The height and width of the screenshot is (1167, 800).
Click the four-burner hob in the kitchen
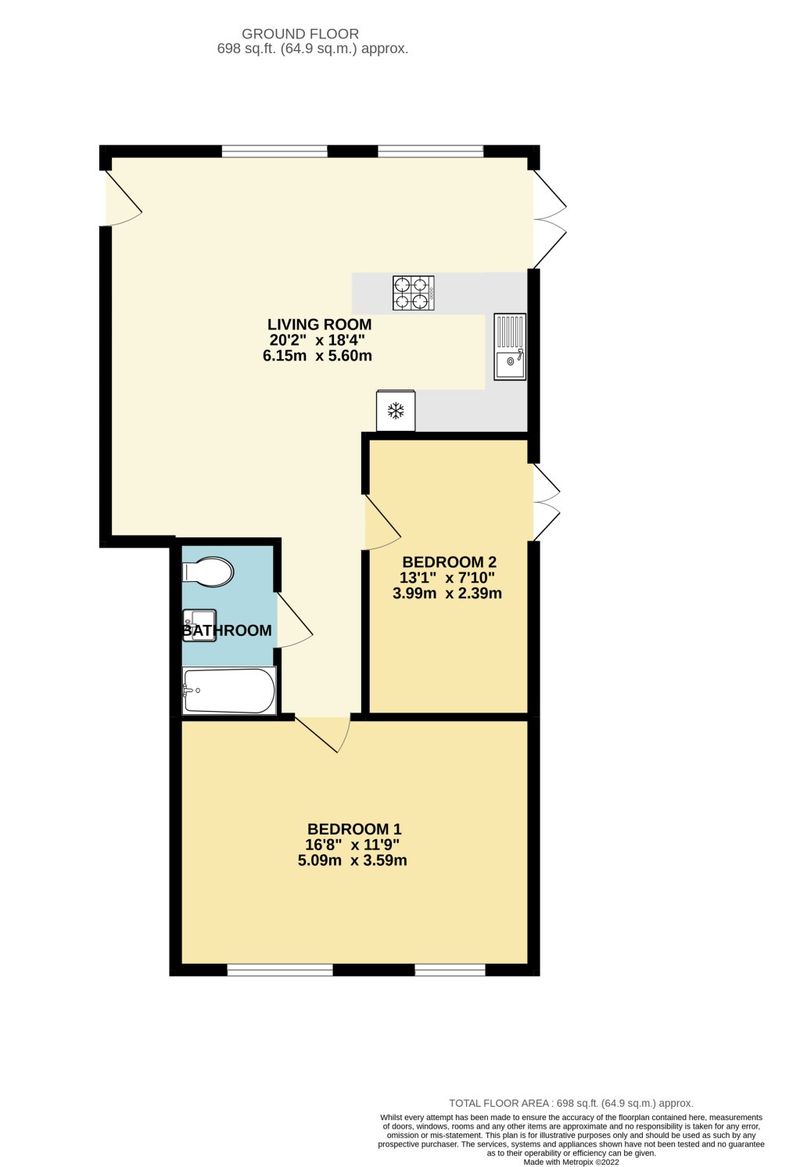pyautogui.click(x=414, y=293)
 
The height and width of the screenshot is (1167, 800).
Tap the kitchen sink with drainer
pyautogui.click(x=510, y=347)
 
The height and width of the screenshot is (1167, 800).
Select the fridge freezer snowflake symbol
pyautogui.click(x=396, y=411)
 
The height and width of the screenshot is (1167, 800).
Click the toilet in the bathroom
pyautogui.click(x=208, y=572)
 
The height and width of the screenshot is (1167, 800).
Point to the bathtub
pyautogui.click(x=229, y=691)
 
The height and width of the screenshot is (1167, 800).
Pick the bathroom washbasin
pyautogui.click(x=198, y=625)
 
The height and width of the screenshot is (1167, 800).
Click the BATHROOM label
pyautogui.click(x=228, y=630)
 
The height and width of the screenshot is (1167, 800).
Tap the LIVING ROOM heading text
pyautogui.click(x=319, y=324)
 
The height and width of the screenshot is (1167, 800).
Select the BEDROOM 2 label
pyautogui.click(x=449, y=562)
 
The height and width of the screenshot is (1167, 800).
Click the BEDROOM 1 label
pyautogui.click(x=354, y=829)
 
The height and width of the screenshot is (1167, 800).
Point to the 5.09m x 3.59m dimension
pyautogui.click(x=353, y=860)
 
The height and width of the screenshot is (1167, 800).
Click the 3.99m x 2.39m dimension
pyautogui.click(x=447, y=593)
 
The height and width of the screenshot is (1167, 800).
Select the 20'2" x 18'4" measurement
pyautogui.click(x=317, y=339)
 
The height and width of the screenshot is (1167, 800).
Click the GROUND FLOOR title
pyautogui.click(x=300, y=34)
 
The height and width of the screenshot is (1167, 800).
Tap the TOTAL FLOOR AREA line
pyautogui.click(x=571, y=1103)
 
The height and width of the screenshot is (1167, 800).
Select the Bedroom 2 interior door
pyautogui.click(x=381, y=522)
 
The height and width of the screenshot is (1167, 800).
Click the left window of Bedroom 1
pyautogui.click(x=280, y=971)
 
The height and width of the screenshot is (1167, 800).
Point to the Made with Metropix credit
pyautogui.click(x=571, y=1162)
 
